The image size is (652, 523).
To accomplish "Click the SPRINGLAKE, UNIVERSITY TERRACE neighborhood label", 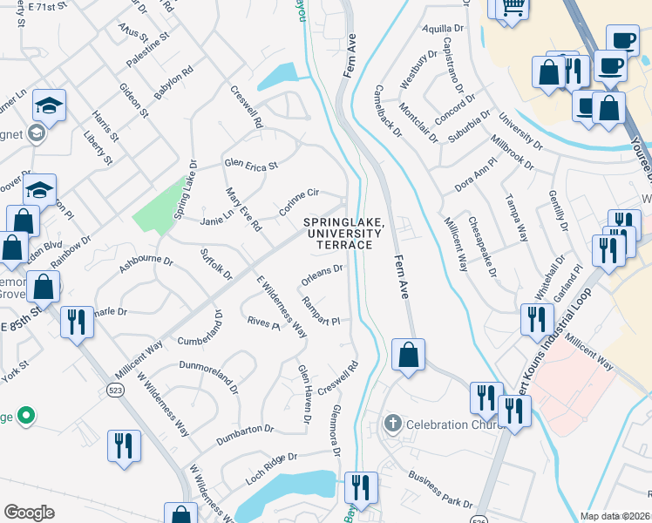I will click(343, 234).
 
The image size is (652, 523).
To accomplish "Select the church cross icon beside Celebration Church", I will click(393, 424).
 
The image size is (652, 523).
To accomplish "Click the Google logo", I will click(29, 512).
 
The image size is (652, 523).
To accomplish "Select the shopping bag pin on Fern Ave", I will click(407, 355).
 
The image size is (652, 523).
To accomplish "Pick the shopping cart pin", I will click(513, 7).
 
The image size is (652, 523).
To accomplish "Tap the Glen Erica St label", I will click(250, 165).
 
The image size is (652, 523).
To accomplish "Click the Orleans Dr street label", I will click(323, 275).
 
